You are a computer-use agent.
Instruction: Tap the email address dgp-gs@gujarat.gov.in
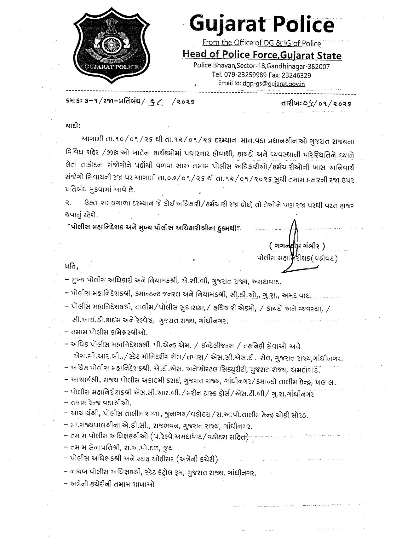(x=273, y=84)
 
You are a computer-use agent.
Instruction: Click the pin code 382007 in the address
(x=319, y=67)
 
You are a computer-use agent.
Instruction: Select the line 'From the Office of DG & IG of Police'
(x=261, y=43)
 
